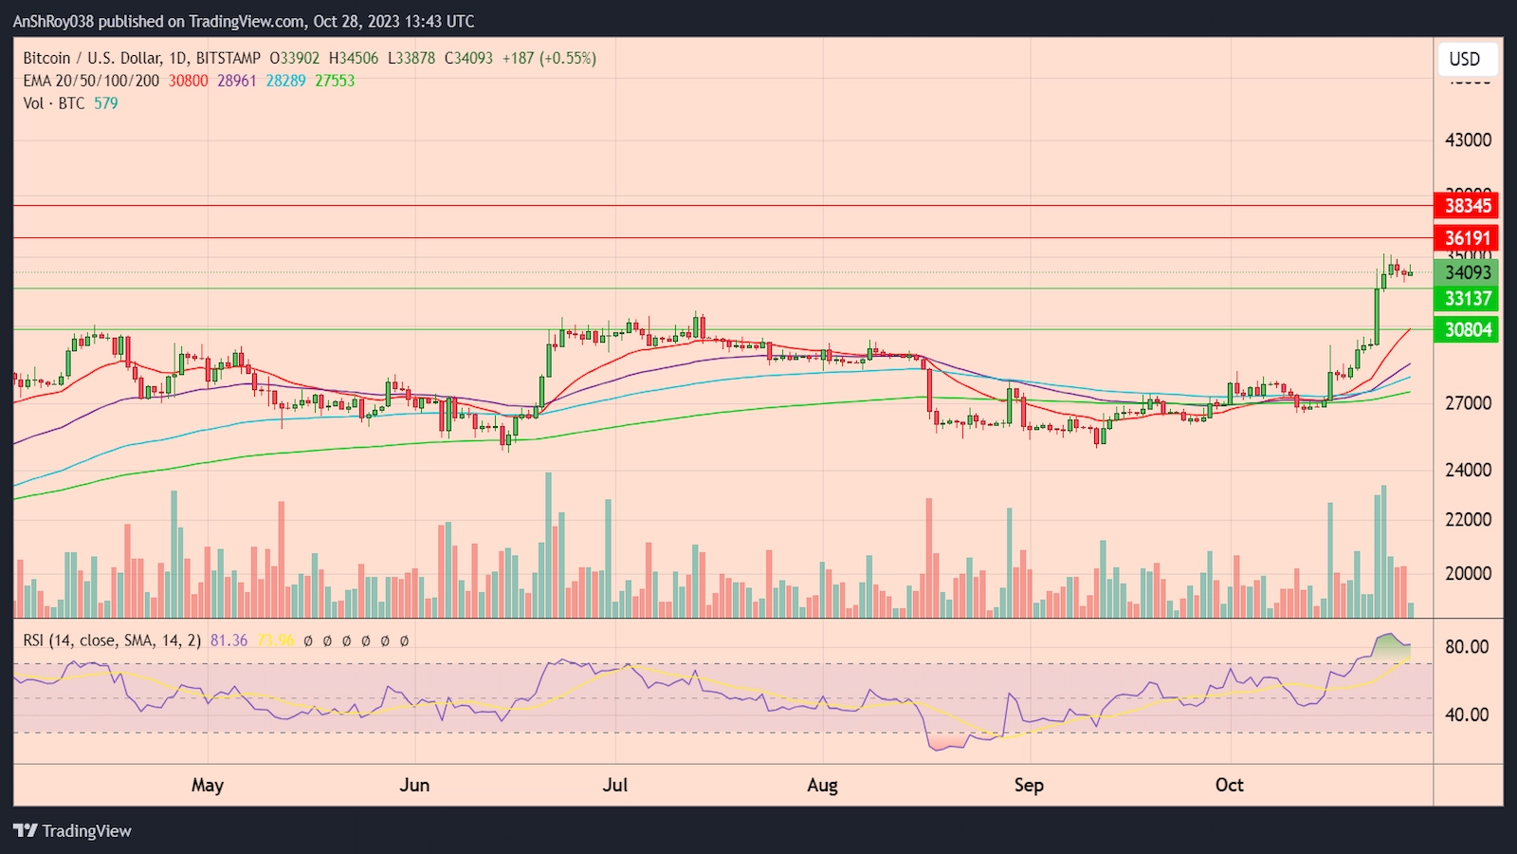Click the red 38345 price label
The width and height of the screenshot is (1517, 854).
pos(1467,206)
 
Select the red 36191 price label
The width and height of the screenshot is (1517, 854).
pos(1467,238)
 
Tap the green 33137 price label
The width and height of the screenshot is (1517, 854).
pos(1467,299)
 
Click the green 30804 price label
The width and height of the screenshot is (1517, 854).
pos(1467,330)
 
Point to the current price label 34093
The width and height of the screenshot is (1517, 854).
pos(1467,273)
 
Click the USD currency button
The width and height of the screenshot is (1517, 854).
pos(1464,59)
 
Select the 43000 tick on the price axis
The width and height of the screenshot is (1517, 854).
pos(1467,140)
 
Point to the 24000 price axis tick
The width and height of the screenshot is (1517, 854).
pos(1467,470)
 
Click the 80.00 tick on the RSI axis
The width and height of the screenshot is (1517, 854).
pos(1466,647)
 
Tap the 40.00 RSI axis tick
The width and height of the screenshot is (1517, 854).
pos(1466,715)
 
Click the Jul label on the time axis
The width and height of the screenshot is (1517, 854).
pos(615,786)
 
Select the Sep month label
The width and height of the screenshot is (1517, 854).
pos(1029,786)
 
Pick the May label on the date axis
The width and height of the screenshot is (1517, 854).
pos(208,786)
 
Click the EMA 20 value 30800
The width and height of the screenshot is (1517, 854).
pos(188,81)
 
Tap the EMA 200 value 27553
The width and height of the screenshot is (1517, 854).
pos(335,81)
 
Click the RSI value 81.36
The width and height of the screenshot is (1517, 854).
pos(228,640)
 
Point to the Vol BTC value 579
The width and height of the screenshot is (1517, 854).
pos(106,103)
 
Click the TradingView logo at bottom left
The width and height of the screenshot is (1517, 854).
pos(72,831)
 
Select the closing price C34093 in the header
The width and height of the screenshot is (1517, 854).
pos(468,58)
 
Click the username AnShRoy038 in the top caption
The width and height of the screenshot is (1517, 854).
pos(53,21)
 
